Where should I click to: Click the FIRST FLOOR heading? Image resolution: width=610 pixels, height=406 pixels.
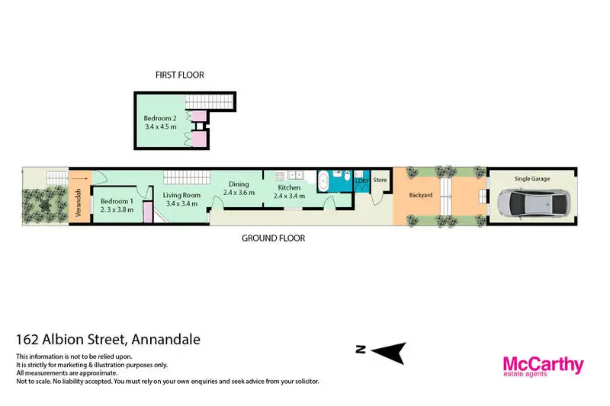(180, 75)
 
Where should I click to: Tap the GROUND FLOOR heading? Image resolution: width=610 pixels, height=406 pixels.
(273, 238)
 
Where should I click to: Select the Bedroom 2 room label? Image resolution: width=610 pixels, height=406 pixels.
(160, 118)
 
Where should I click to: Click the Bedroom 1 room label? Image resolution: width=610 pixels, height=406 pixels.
(117, 201)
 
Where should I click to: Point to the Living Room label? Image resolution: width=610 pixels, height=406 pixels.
(181, 195)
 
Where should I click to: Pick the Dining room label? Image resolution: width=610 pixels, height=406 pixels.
(239, 184)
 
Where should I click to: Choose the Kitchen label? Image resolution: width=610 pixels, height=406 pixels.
(289, 187)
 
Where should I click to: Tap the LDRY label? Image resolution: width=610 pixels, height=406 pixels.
(361, 181)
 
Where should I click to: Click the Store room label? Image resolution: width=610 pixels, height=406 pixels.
(380, 181)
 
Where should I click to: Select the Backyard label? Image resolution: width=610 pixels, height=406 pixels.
(420, 195)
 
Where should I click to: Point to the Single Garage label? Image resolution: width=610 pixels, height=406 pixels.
(531, 178)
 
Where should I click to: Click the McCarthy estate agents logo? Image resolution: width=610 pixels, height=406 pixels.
(542, 366)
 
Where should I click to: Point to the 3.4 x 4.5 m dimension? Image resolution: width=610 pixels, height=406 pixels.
(160, 127)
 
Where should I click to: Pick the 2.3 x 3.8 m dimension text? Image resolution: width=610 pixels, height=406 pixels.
(117, 210)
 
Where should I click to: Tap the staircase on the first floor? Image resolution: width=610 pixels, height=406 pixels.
(210, 102)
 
